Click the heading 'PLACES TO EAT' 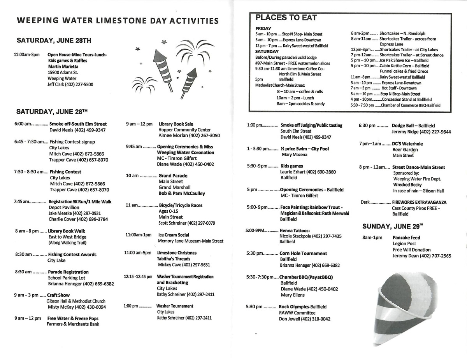coord(286,17)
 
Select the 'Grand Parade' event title coord(173,176)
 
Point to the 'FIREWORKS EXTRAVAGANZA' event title coord(419,203)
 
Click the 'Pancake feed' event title coord(406,238)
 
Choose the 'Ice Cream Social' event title coord(174,235)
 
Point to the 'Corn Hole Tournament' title coord(303,253)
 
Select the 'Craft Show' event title coord(58,295)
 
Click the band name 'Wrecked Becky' coord(407,185)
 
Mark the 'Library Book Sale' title coord(176,124)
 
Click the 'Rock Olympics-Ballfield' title coord(302,307)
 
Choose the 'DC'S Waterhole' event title coord(407,144)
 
